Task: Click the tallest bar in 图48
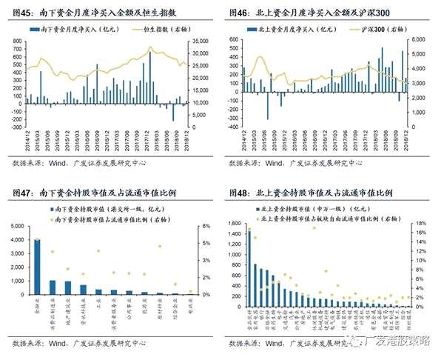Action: [249, 267]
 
